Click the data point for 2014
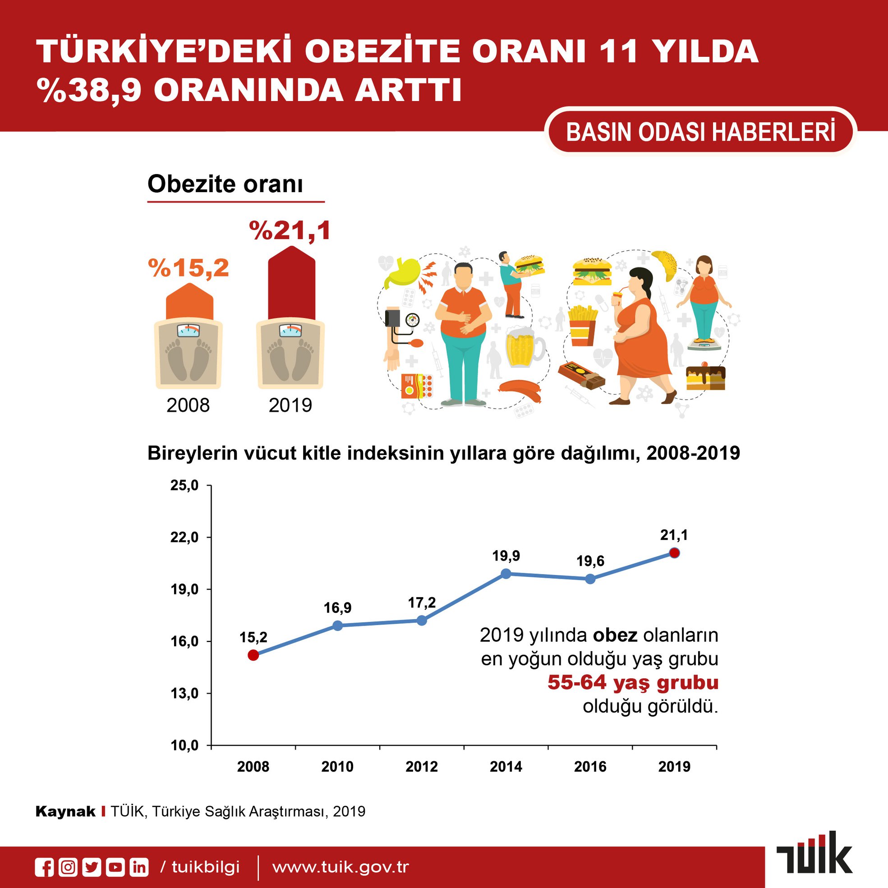506,574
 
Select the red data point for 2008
253,655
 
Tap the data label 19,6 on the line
591,561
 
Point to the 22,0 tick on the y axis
184,537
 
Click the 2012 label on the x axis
422,767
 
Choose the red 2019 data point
674,553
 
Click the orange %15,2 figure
189,268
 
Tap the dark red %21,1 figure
290,231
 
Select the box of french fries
583,326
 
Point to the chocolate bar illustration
581,375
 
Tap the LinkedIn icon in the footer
139,867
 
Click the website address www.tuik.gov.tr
340,867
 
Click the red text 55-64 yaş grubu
633,682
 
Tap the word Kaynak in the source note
65,812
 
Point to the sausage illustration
520,390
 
